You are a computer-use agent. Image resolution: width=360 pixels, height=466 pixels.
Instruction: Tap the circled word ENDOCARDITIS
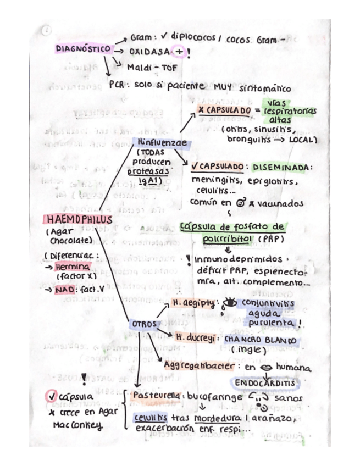(264, 381)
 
